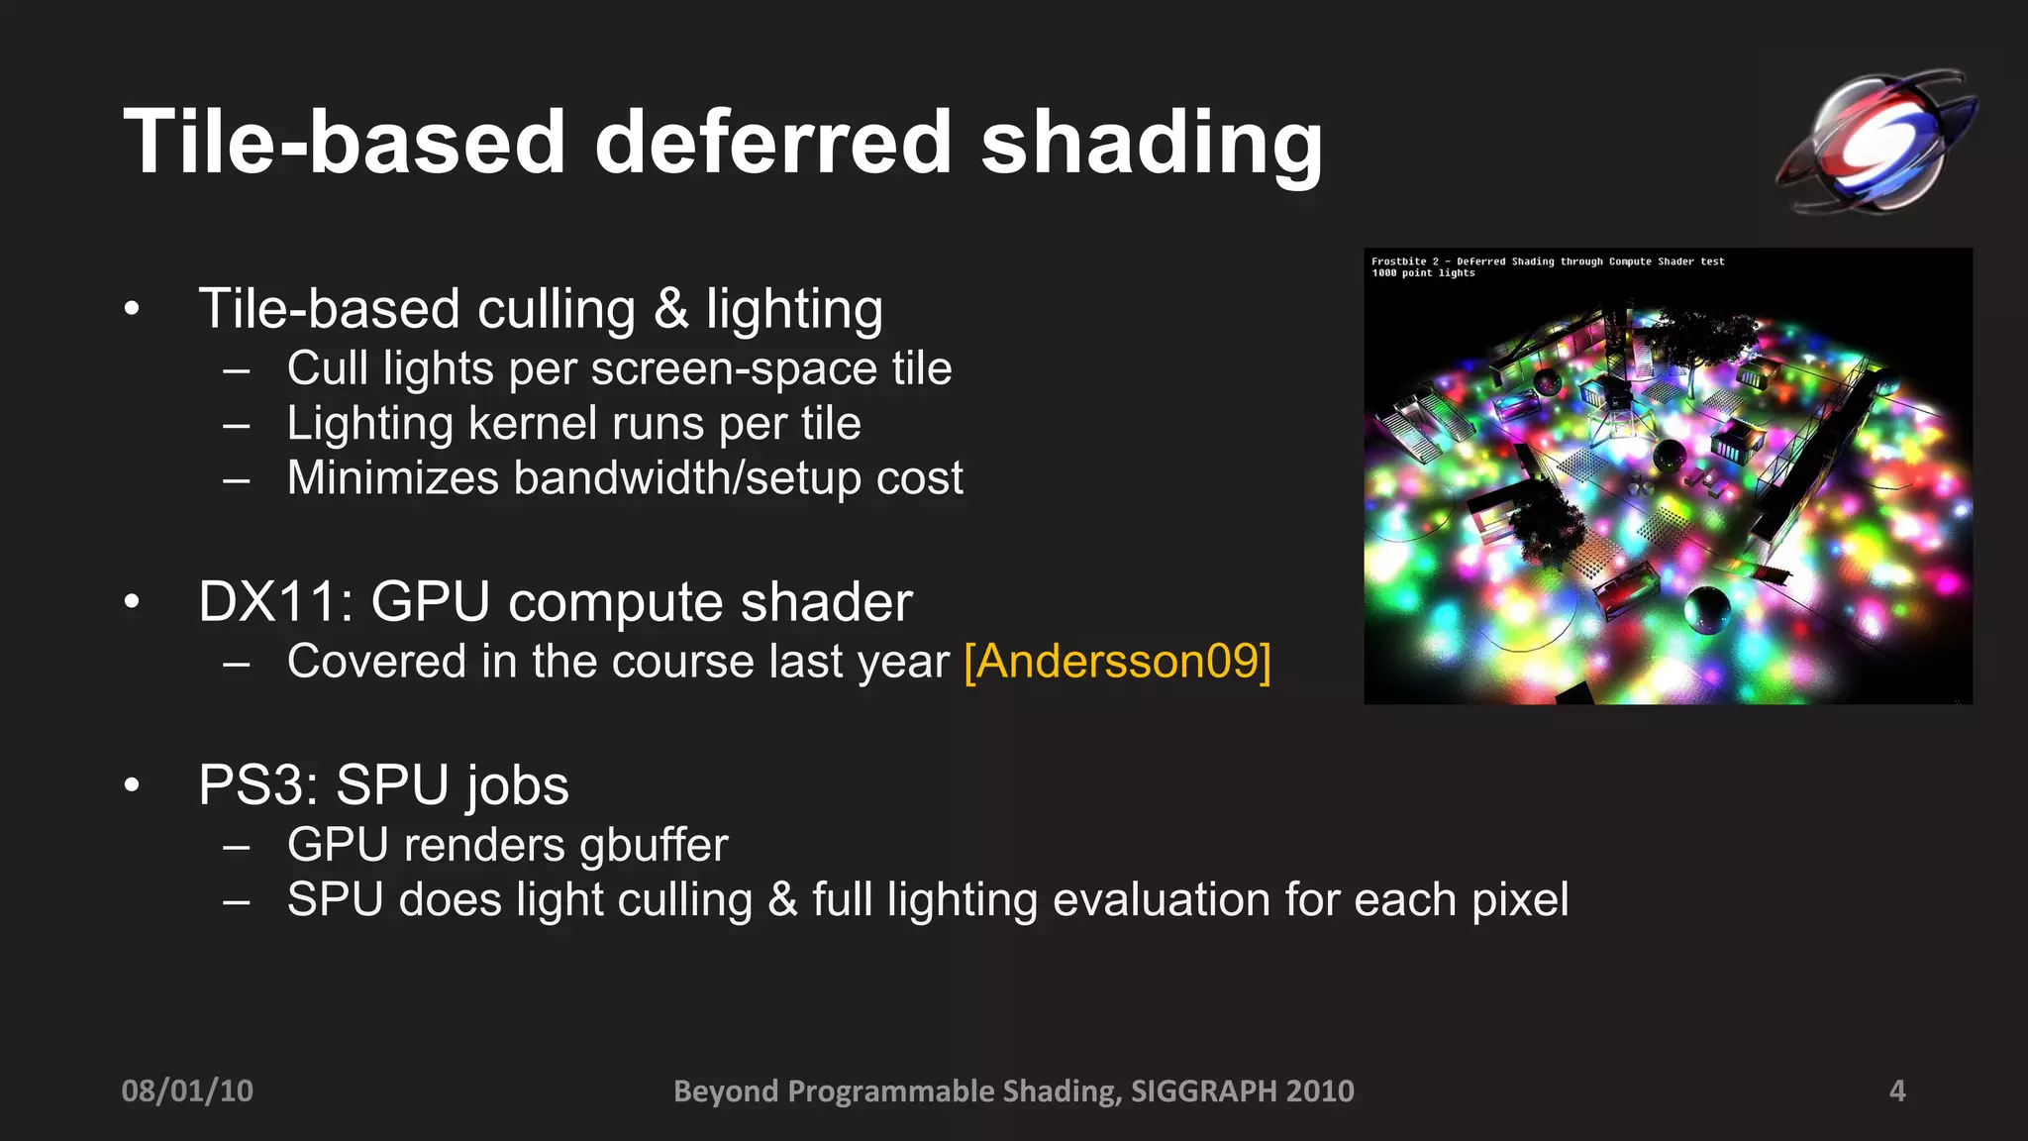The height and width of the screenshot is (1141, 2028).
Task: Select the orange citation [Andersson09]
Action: tap(1117, 661)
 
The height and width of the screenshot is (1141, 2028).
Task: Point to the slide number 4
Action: tap(1897, 1090)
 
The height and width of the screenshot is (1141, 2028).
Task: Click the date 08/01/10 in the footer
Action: tap(187, 1090)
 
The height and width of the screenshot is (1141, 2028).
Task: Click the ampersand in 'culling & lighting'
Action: tap(670, 309)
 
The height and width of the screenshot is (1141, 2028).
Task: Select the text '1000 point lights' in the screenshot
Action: tap(1423, 273)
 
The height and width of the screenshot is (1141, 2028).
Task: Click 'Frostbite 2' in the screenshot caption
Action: tap(1404, 261)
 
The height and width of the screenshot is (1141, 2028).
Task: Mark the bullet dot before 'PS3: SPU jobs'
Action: tap(132, 785)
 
